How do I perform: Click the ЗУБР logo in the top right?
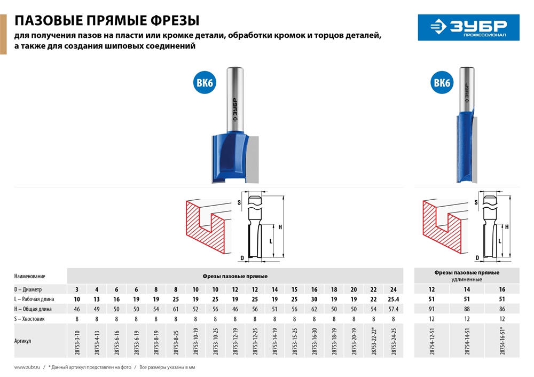point(469,27)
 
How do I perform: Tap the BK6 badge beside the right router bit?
point(442,83)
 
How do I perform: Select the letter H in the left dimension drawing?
point(280,227)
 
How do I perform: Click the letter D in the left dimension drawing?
point(242,258)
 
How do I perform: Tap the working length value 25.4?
point(394,299)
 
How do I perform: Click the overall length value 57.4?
point(394,309)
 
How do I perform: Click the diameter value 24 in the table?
point(394,289)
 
